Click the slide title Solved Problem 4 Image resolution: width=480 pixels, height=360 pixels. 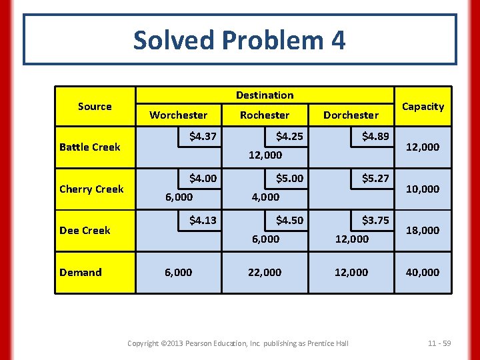pos(239,41)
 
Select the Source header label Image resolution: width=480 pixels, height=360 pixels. pos(95,107)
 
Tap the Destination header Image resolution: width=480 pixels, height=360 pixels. pos(265,95)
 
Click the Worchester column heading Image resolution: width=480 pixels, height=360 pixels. pos(178,115)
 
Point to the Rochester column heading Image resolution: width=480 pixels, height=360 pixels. pos(265,115)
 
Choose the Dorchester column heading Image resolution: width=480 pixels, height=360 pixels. pos(351,115)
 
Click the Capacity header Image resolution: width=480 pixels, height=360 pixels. pos(423,107)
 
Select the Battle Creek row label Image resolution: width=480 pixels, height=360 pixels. pos(90,147)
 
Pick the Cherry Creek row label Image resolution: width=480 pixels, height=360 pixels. pos(91,189)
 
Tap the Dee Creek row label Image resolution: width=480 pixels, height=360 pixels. pos(85,231)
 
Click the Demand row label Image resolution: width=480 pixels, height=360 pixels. pos(81,272)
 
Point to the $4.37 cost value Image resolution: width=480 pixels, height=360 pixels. pos(203,137)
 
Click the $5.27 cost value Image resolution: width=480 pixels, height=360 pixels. pos(375,179)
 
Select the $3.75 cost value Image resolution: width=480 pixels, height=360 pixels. pos(375,220)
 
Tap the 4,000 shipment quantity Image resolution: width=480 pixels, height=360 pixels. pos(265,197)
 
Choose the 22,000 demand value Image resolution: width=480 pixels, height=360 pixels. pos(265,272)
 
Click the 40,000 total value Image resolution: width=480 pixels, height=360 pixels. pos(423,272)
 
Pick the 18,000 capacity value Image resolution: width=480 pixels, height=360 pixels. pos(423,231)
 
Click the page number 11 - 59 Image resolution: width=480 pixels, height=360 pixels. pos(439,343)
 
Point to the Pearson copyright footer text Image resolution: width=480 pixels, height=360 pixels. pos(238,343)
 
